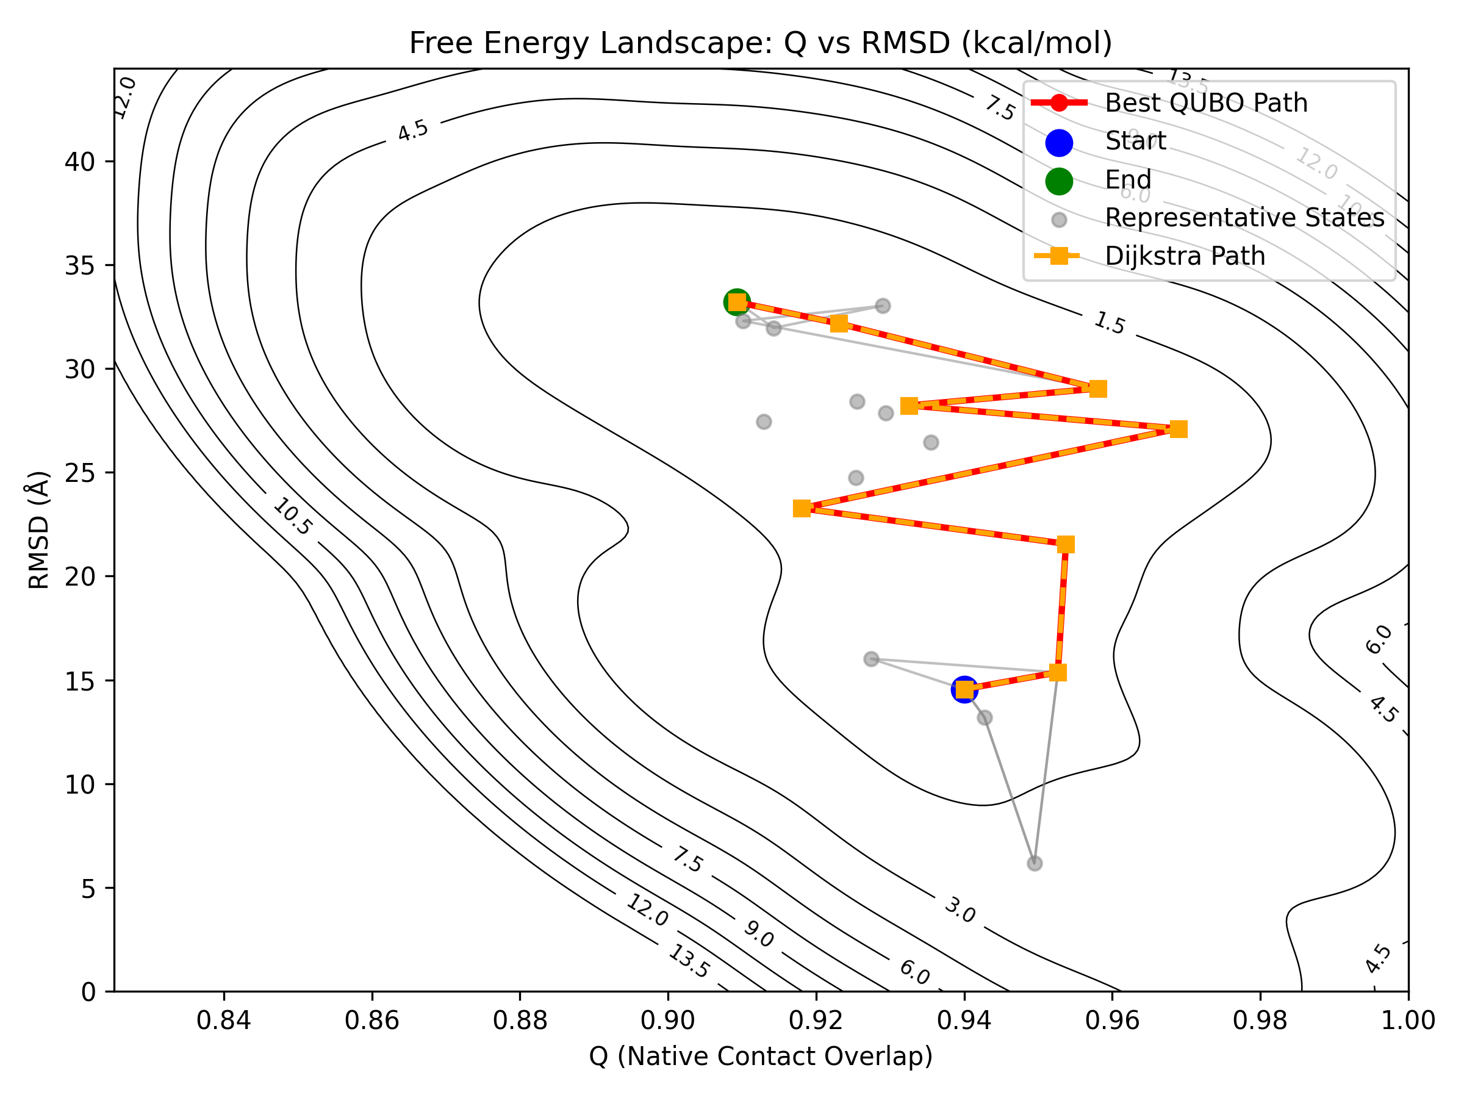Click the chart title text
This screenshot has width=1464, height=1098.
(761, 43)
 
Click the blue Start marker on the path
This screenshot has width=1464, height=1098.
(964, 690)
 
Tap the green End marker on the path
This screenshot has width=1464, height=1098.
(737, 303)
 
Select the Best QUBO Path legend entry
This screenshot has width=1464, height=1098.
(1205, 103)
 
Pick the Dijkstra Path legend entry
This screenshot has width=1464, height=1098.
(1185, 256)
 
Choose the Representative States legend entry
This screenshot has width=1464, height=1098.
(1244, 218)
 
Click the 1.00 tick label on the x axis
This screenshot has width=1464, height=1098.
(1408, 1020)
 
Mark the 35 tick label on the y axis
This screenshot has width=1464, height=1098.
(79, 266)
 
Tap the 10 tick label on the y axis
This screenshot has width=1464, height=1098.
(79, 785)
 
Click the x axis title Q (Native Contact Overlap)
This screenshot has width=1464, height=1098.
(761, 1057)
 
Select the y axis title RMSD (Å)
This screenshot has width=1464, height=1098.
(39, 529)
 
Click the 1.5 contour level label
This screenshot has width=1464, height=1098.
(1109, 323)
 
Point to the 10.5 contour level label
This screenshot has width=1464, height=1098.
(292, 517)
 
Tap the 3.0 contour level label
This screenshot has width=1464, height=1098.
(959, 910)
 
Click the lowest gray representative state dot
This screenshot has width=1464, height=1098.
(1035, 864)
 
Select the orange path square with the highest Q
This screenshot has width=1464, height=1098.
(1178, 429)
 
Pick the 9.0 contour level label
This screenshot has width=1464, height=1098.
(758, 934)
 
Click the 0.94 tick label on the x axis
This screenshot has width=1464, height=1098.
(964, 1020)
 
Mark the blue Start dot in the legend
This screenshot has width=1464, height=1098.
(1059, 143)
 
